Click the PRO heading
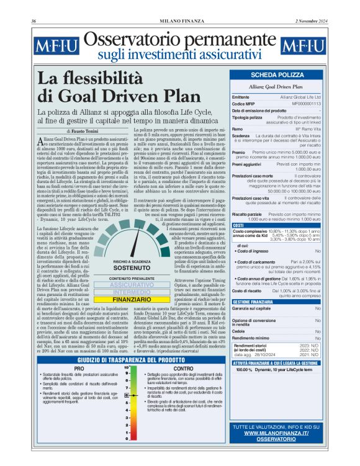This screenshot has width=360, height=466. (x=79, y=369)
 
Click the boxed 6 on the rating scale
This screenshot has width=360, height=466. (x=126, y=394)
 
